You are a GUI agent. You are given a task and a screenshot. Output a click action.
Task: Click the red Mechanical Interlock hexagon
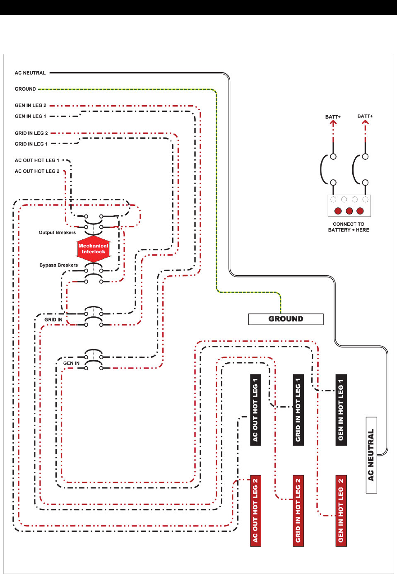coord(94,249)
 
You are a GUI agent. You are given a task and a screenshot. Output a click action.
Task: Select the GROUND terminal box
coord(286,319)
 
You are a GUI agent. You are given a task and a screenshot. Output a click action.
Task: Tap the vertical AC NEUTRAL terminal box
coord(371,455)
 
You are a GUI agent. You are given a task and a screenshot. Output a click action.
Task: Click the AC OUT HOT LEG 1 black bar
coord(255,410)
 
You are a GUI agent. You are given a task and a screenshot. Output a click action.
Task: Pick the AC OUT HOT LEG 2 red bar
coord(255,511)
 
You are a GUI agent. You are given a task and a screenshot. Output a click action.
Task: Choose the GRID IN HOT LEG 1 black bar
coord(298,410)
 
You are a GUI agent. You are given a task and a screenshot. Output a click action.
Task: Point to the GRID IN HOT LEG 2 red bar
coord(298,511)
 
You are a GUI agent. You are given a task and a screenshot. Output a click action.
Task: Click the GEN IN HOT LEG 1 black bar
coord(341,410)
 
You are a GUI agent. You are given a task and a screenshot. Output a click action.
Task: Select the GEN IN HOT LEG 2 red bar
coord(341,511)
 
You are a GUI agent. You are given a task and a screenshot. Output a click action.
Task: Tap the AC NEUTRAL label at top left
coord(30,73)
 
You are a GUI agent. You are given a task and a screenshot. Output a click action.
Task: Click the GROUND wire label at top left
coord(25,89)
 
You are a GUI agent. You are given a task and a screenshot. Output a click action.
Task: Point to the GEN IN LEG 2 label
coord(31,106)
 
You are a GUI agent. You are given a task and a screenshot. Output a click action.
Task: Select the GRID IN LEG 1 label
coord(31,144)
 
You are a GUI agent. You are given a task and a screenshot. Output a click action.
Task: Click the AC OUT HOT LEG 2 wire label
coord(37,171)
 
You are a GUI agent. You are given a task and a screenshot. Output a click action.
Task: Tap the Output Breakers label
coord(57,233)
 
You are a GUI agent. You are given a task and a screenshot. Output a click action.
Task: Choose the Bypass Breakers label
coord(58,265)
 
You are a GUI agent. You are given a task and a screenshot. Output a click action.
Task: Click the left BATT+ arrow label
coord(333,117)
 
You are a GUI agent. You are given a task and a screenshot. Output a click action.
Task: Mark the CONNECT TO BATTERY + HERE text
coord(349,227)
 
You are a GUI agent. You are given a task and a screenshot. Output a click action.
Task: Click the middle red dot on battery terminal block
coord(349,211)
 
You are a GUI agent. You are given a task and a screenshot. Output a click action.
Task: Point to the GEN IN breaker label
coord(71,363)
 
